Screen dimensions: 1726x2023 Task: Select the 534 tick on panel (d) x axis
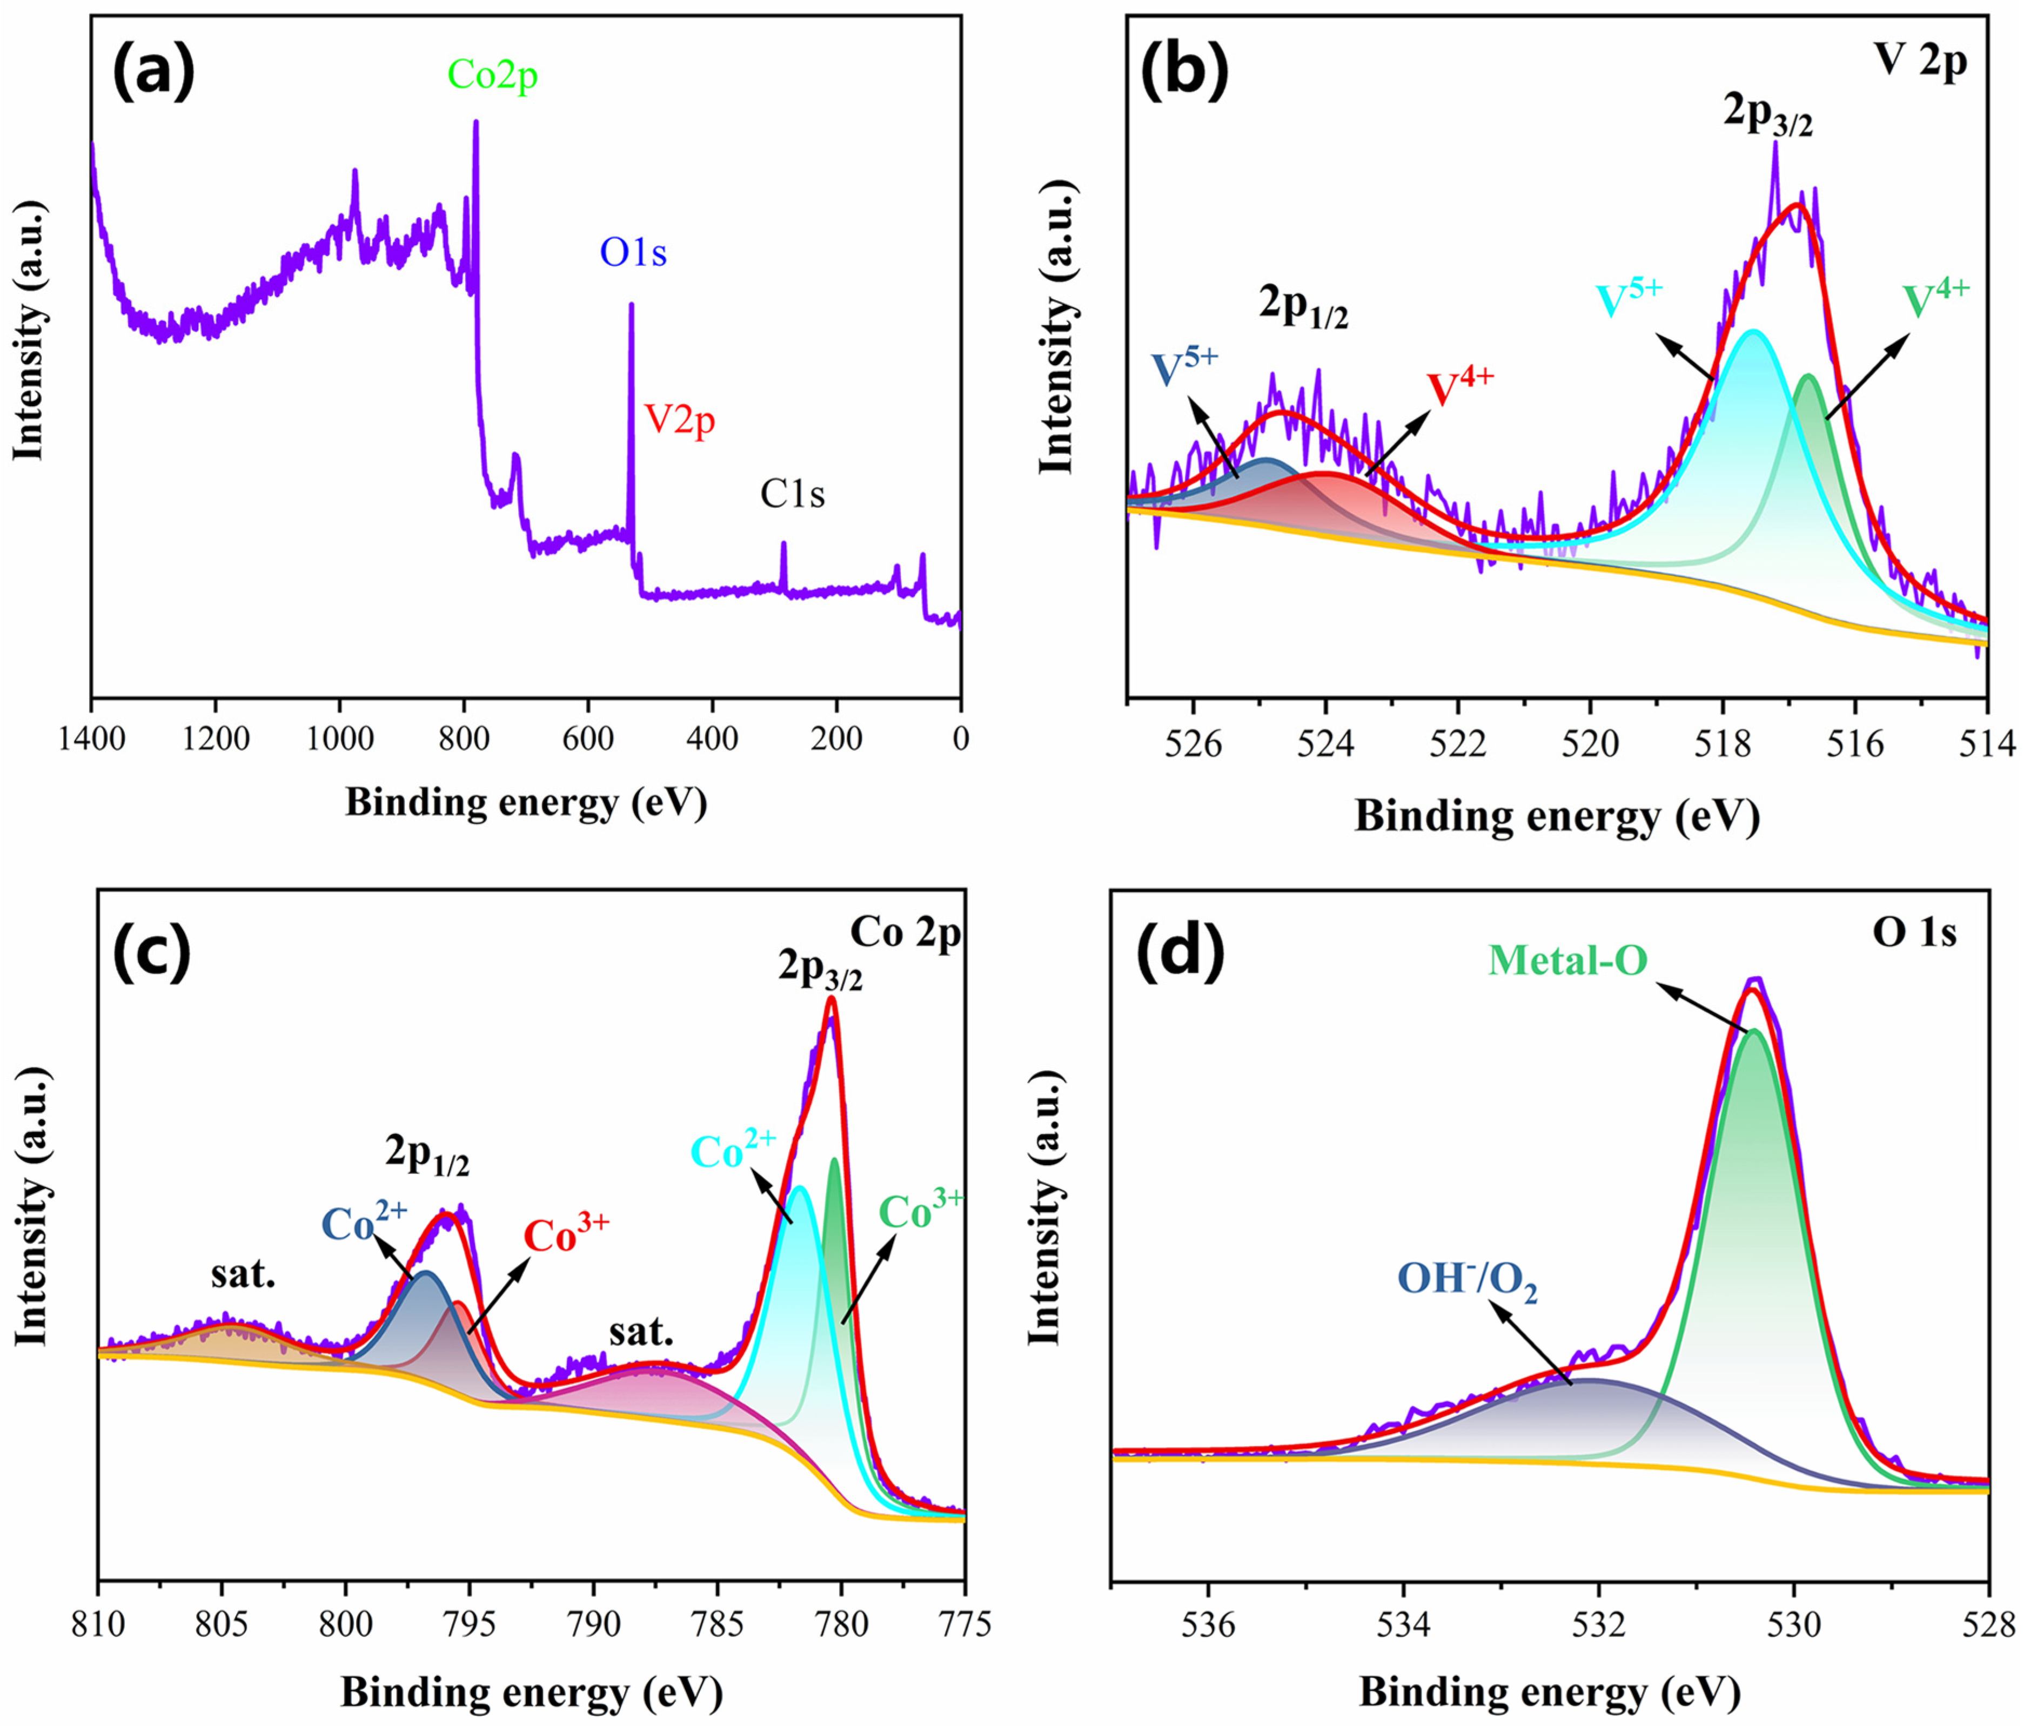point(1403,1622)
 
